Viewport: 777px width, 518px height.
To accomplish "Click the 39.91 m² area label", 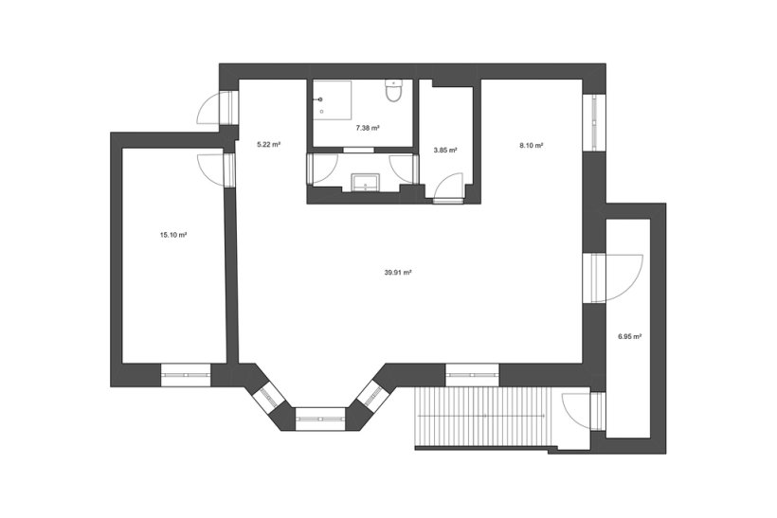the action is [x=398, y=272].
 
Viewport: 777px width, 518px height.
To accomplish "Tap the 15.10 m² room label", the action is [x=173, y=235].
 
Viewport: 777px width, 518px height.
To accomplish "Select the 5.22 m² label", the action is [x=268, y=145].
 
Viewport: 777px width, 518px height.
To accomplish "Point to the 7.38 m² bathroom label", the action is [x=368, y=128].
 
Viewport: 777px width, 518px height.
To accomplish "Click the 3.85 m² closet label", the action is [x=445, y=150].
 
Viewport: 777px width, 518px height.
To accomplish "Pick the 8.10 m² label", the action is [x=532, y=146].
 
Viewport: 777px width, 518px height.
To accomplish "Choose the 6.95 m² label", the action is [x=630, y=336].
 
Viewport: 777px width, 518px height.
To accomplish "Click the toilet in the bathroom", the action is [x=394, y=90].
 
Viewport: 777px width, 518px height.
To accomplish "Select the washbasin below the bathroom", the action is [x=365, y=182].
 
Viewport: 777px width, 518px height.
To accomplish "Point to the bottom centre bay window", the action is [x=320, y=419].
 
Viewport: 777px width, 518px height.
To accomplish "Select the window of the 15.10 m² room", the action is [x=186, y=375].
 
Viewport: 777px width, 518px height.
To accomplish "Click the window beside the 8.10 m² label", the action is [x=594, y=122].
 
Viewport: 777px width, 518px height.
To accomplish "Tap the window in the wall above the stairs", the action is [x=472, y=375].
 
